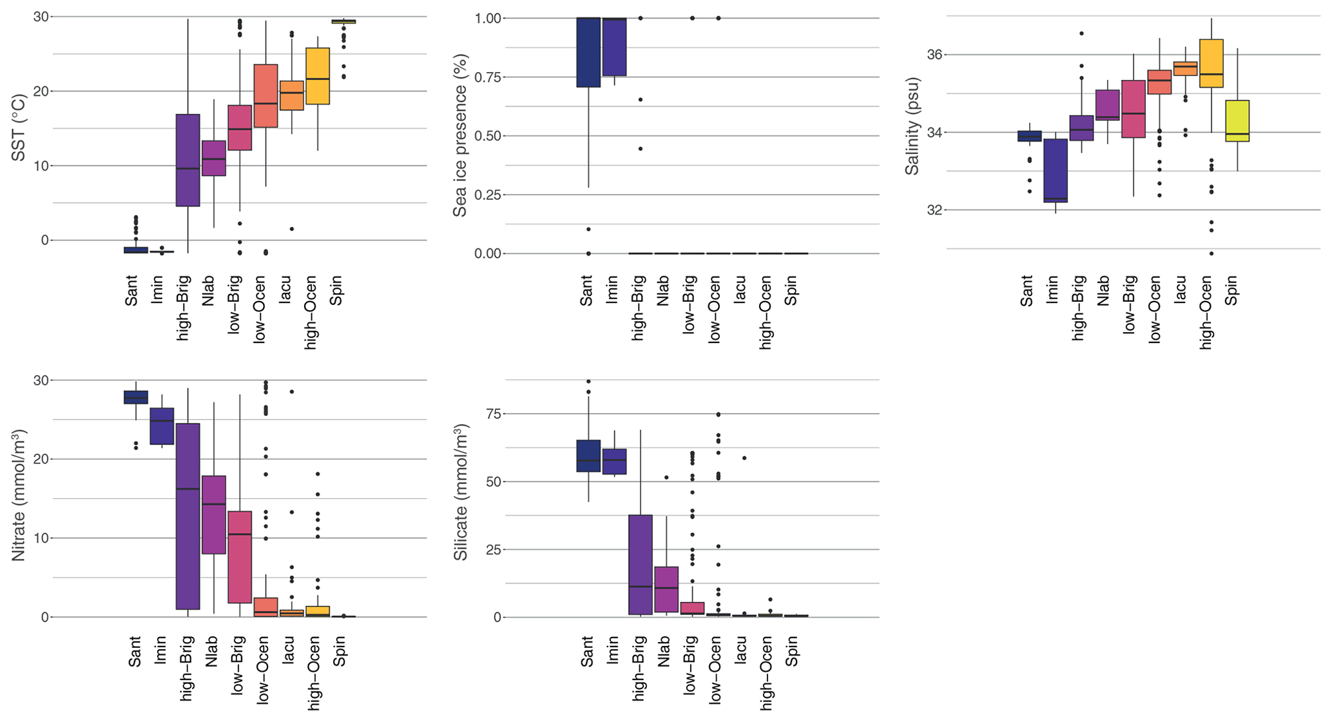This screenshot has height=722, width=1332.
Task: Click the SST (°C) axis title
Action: [19, 128]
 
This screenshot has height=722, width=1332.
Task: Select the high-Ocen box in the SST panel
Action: [318, 76]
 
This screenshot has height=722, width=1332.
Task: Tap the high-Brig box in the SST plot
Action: [188, 160]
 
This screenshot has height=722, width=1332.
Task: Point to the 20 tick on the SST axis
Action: [41, 91]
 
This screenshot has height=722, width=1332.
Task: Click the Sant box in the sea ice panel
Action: [588, 52]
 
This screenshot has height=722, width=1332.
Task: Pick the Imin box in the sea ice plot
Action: [614, 47]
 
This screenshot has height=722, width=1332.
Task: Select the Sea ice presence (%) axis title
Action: [460, 135]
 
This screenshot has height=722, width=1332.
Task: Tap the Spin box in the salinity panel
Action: [1237, 121]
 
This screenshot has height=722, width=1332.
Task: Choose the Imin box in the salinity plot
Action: [1056, 171]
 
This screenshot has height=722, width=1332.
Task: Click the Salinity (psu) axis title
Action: [912, 126]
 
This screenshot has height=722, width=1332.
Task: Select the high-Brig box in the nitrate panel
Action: [188, 516]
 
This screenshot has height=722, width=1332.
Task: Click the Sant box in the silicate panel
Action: [588, 456]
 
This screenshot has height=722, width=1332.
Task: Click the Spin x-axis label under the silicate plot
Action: [792, 651]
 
